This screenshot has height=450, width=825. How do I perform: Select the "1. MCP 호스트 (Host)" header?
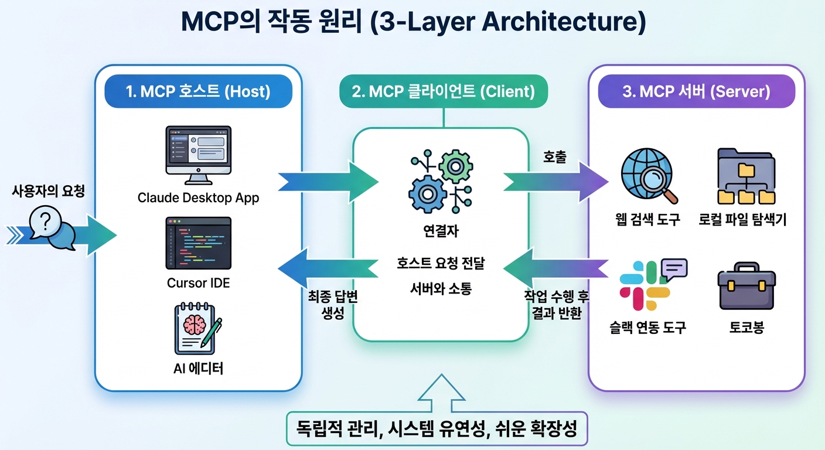click(198, 92)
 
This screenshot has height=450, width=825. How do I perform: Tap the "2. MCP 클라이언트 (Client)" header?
click(444, 92)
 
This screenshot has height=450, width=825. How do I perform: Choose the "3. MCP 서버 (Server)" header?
click(696, 92)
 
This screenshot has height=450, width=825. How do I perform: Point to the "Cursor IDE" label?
click(198, 283)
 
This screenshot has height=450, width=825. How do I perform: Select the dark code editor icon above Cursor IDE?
click(198, 243)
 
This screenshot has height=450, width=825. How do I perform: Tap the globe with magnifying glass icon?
click(649, 176)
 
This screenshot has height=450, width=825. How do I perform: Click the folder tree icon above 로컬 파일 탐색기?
click(746, 176)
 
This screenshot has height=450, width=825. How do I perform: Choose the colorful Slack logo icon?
click(645, 286)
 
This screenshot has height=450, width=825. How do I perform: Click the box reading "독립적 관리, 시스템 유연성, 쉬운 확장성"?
click(437, 429)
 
